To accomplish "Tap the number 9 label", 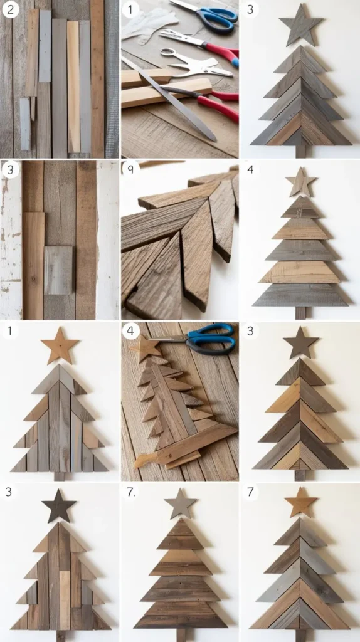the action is tap(130, 168).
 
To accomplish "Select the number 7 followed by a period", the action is tap(130, 492).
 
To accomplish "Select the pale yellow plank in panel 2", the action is tap(73, 87).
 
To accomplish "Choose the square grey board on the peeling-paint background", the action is tap(58, 270).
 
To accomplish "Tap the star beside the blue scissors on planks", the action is tap(146, 349).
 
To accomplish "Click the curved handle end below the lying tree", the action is tap(140, 460).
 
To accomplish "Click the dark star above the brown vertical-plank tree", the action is tap(59, 506).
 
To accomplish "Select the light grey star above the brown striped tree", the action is tap(180, 503).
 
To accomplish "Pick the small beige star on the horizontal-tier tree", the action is tap(301, 182).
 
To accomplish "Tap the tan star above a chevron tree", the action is tap(301, 502).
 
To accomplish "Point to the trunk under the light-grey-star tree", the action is tap(181, 635).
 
